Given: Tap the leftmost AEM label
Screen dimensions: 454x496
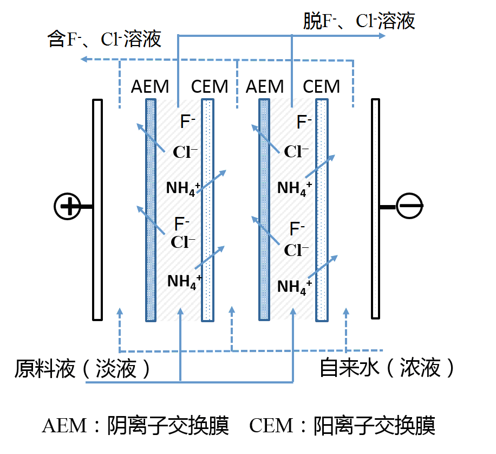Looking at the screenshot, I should coord(150,86).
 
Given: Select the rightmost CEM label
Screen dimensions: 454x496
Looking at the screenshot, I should coord(321,86).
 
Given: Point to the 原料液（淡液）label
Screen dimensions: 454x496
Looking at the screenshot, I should coord(83,369).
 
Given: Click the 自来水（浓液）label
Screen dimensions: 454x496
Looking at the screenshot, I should coord(388,368).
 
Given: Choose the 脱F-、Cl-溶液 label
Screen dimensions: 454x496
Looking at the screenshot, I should coord(359,21).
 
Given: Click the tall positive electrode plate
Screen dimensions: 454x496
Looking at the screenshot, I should coord(97,209).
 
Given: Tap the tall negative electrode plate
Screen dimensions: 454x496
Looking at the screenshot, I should coord(376,209).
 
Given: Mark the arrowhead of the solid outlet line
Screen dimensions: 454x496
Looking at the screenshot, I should coord(382,36).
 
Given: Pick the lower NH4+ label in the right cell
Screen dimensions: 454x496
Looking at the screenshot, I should coord(294,286).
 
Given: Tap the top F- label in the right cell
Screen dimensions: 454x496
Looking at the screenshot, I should coord(304,122).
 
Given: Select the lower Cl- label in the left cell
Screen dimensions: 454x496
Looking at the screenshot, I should coord(183,242).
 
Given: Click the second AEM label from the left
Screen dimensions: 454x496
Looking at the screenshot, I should coord(264,86).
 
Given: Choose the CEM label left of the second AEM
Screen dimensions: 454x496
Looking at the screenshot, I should coord(210,86).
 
